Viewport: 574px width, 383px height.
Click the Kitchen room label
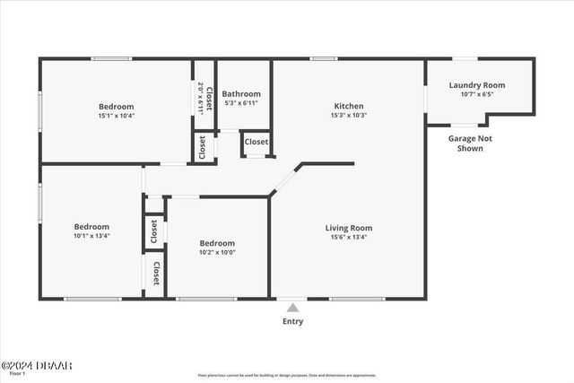click(349, 106)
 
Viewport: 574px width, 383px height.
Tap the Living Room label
click(348, 228)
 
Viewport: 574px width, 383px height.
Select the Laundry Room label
click(476, 85)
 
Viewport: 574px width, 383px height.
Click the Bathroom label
click(241, 94)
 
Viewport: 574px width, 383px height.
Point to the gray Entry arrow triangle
click(292, 307)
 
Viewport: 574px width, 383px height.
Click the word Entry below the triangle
click(292, 321)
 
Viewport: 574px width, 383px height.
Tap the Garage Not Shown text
click(470, 144)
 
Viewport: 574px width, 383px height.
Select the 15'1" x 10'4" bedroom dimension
click(117, 116)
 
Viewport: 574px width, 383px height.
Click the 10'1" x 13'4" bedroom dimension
click(91, 236)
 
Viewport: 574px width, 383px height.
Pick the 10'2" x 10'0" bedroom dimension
click(217, 252)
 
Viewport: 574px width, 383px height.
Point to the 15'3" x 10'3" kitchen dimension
click(349, 115)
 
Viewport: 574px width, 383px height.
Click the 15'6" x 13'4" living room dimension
click(348, 237)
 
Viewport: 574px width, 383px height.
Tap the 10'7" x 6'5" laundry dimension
click(476, 94)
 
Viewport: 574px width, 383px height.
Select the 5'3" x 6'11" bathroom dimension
click(241, 103)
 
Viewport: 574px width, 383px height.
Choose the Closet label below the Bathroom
click(256, 142)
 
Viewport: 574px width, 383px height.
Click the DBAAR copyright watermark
click(36, 365)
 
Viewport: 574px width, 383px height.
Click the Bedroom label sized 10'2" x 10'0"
click(217, 243)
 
